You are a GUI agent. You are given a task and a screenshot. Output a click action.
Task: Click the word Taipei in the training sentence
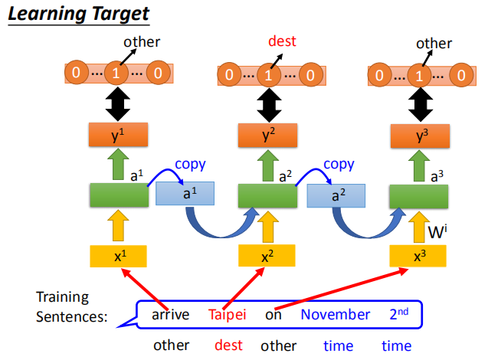(228, 314)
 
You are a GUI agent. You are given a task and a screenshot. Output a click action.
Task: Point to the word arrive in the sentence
(170, 314)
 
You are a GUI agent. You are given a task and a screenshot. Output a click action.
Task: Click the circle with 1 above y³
(419, 75)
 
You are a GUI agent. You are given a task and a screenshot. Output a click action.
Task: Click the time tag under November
(338, 345)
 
